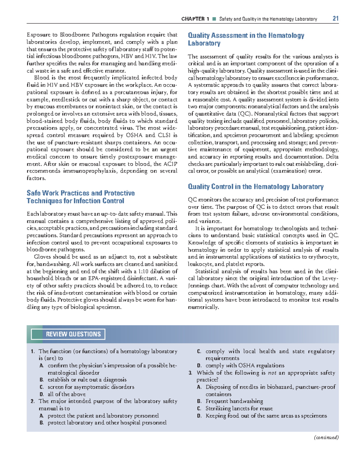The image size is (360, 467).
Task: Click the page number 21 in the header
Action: point(335,19)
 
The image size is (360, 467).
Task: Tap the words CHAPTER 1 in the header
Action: point(195,19)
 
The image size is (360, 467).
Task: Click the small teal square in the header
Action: point(214,19)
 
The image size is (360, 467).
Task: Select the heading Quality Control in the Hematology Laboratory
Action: point(256,187)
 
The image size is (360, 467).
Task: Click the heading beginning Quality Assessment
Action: point(246,39)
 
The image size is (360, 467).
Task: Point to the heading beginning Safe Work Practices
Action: point(80,197)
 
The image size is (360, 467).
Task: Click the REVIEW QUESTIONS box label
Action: point(73,334)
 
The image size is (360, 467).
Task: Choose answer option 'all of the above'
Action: point(67,394)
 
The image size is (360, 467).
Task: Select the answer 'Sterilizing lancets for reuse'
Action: point(239,409)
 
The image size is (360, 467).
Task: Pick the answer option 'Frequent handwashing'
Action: point(234,401)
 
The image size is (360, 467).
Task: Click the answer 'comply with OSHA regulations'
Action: point(245,366)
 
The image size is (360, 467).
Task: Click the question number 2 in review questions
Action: point(32,401)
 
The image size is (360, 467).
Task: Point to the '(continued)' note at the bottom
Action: point(326,437)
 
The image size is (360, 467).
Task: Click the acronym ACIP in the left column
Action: point(170,164)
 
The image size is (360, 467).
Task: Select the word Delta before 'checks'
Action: point(332,157)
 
